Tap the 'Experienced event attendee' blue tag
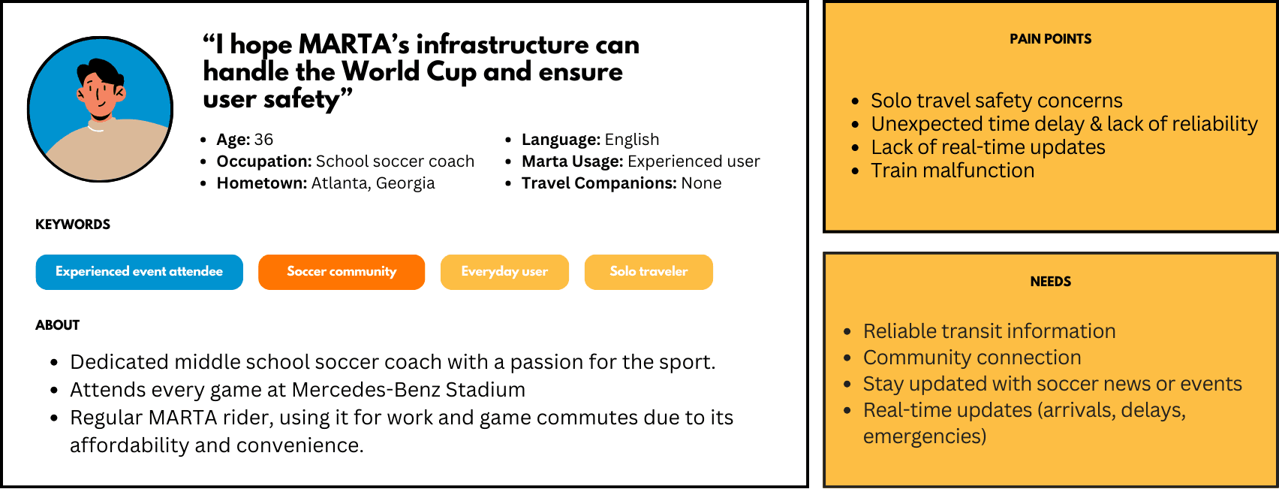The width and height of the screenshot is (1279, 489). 140,272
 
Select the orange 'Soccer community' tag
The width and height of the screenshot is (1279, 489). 342,272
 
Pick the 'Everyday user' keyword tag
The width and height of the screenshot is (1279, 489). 504,272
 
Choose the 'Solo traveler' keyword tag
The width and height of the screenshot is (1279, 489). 649,272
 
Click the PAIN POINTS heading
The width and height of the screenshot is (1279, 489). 1051,39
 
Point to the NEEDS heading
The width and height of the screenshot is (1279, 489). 1051,282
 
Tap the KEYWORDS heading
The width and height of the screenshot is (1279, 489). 73,225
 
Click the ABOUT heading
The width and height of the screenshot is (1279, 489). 57,325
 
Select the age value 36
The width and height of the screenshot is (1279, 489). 263,140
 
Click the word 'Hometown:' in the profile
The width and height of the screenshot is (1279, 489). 261,183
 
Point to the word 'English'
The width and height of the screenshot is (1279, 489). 632,140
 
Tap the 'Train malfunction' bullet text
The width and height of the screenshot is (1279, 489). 952,171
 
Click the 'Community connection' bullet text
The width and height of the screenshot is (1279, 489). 972,358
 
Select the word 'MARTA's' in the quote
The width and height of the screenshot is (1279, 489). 354,44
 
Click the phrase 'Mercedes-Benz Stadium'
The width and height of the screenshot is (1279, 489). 408,390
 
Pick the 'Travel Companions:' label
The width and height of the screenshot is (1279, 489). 599,183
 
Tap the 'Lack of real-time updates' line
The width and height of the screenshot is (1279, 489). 988,147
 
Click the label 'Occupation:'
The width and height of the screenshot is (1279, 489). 263,161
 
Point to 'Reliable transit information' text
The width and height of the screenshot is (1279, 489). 989,331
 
